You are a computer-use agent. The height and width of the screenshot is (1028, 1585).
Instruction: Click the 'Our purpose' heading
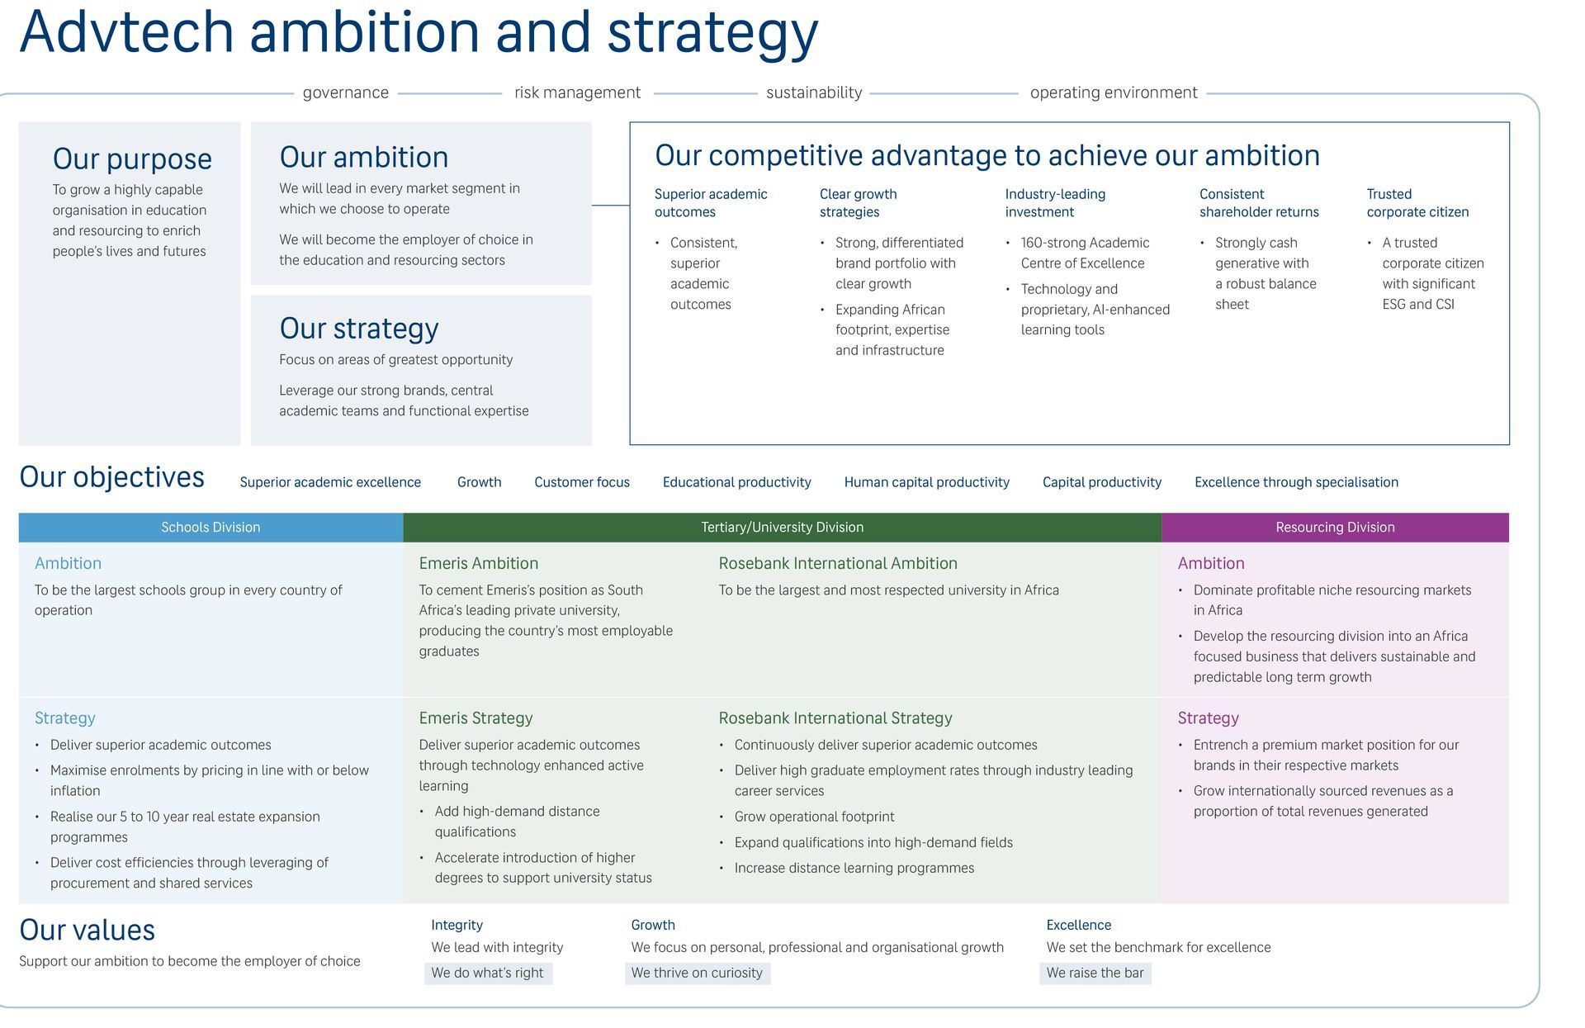point(132,159)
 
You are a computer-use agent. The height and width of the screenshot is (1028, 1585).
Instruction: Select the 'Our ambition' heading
point(363,157)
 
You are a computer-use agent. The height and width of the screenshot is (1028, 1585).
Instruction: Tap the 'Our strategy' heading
point(359,328)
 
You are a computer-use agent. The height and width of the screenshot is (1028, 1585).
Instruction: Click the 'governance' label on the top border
point(345,92)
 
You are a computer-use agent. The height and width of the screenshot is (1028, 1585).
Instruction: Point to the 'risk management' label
point(577,92)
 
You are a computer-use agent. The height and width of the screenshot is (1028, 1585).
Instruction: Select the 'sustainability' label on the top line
point(814,92)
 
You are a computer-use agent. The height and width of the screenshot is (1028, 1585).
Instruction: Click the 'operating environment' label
point(1113,92)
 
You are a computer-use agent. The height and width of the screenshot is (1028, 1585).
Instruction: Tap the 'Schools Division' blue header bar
point(211,528)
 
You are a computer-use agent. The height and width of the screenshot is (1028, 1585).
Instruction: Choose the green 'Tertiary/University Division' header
point(782,528)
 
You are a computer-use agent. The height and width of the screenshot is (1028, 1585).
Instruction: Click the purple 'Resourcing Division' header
point(1335,528)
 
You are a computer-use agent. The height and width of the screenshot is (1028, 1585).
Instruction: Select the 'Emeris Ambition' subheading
point(478,563)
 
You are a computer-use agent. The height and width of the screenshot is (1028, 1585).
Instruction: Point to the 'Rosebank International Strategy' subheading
point(835,718)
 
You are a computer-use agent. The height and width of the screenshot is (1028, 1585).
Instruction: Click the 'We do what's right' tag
point(487,973)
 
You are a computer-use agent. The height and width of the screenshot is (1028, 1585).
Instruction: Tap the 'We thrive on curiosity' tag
point(697,973)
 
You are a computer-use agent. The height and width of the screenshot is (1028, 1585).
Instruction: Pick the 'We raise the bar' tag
point(1095,973)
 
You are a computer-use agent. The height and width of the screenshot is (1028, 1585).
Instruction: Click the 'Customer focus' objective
point(581,482)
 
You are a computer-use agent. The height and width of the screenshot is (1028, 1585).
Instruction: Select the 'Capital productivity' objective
point(1101,482)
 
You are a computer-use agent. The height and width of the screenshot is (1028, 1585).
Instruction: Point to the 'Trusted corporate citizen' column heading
point(1417,203)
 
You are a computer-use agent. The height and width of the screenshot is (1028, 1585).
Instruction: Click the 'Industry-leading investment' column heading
point(1054,203)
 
